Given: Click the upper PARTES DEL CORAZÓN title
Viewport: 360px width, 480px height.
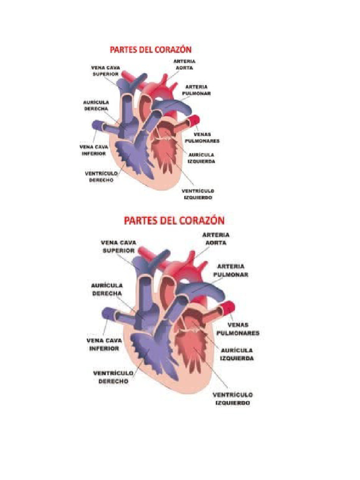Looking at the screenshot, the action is (151, 49).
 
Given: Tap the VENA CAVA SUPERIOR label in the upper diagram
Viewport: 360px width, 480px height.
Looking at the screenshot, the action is (105, 71).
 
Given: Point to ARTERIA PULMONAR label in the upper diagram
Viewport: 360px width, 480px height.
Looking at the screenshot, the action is (197, 90).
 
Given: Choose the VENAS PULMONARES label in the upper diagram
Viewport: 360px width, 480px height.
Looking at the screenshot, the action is (202, 137).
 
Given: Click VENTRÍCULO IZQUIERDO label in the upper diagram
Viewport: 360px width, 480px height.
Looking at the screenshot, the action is (198, 195).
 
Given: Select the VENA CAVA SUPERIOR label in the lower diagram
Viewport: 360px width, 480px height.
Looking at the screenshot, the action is (119, 247).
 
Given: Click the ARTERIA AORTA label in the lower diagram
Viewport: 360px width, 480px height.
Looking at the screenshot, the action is (215, 239).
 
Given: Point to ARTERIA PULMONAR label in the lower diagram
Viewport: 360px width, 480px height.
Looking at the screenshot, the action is (231, 270).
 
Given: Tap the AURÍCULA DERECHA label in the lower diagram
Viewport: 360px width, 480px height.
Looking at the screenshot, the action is (108, 289).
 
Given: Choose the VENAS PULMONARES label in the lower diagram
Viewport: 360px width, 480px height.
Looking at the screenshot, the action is (238, 329).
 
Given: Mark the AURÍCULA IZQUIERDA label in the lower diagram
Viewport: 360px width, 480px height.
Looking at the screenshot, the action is (237, 354).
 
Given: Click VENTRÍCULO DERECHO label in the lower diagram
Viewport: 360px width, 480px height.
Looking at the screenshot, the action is (113, 377).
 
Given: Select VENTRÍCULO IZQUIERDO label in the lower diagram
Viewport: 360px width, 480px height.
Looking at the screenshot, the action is (232, 399).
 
